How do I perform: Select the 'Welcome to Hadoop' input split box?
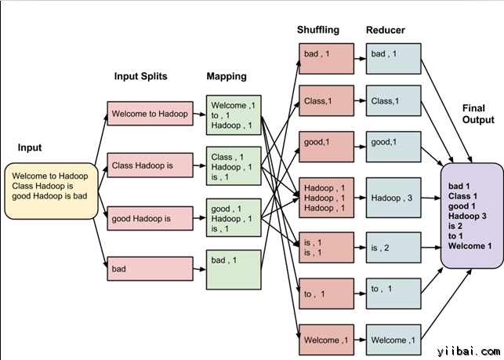click(150, 114)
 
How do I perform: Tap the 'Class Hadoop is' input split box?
click(150, 165)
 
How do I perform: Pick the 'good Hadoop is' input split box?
click(150, 217)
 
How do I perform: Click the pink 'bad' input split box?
click(150, 269)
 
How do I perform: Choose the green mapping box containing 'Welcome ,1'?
click(233, 115)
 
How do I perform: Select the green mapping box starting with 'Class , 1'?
click(233, 166)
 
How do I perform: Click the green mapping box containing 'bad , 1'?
click(233, 269)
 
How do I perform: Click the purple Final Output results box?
click(471, 215)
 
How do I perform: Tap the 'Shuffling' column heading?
click(318, 30)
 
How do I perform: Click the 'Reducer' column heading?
click(386, 30)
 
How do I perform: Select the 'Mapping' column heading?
click(227, 76)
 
